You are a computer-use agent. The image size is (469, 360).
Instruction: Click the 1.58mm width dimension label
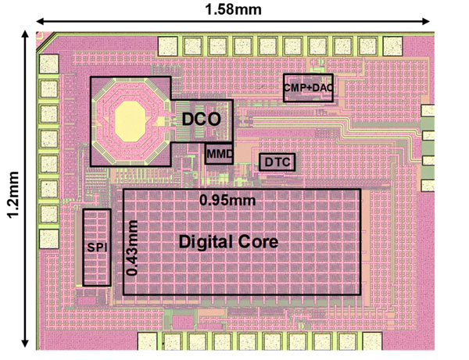tap(232, 9)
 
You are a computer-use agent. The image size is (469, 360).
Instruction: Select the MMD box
tap(219, 154)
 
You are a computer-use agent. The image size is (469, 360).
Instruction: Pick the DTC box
tap(277, 162)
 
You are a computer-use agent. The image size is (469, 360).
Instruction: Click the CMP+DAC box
tap(308, 88)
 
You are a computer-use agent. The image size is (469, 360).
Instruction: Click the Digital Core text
tap(229, 242)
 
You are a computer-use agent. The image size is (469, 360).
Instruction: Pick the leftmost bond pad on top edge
tap(170, 45)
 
